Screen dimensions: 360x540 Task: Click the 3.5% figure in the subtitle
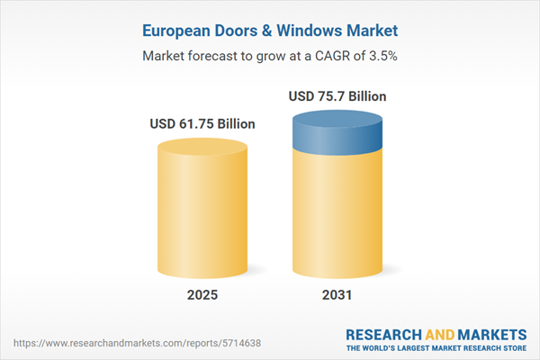click(x=380, y=56)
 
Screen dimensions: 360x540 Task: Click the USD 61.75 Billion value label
click(x=202, y=123)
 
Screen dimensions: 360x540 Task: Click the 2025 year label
click(x=202, y=295)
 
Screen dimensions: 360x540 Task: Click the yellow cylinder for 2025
click(x=202, y=207)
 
